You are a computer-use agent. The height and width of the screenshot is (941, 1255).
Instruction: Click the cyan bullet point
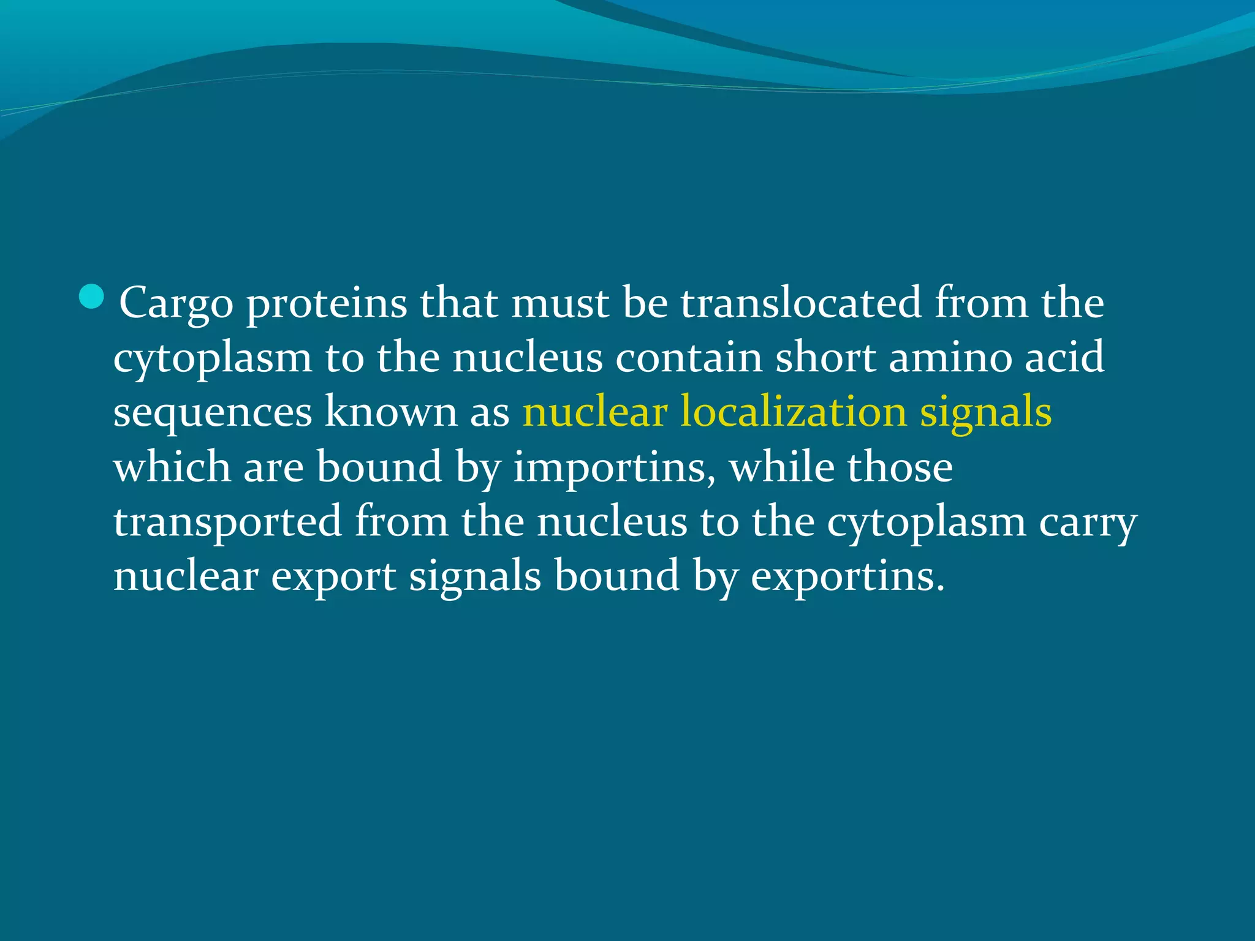[x=92, y=297]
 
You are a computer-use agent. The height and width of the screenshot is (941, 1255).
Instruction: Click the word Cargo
[x=176, y=303]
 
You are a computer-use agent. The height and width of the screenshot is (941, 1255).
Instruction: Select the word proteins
[x=327, y=303]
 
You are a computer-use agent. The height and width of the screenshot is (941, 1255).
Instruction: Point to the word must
[x=559, y=303]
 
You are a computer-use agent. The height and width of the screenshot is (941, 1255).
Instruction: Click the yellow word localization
[x=794, y=411]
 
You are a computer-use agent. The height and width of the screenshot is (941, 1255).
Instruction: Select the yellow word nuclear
[x=594, y=411]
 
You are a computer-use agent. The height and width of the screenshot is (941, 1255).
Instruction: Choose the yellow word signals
[x=986, y=412]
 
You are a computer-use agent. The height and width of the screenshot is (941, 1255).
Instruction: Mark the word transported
[x=227, y=523]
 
